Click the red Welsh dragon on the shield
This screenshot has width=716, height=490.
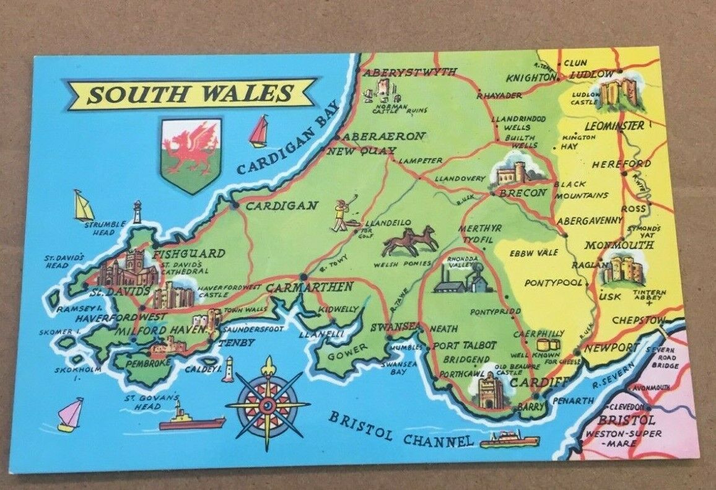click(190, 148)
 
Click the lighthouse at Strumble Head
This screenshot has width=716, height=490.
click(138, 212)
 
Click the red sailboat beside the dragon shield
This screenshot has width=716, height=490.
click(259, 131)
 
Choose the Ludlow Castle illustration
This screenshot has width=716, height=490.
click(620, 92)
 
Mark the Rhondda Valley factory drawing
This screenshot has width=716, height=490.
click(462, 276)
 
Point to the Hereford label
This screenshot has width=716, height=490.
click(621, 165)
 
